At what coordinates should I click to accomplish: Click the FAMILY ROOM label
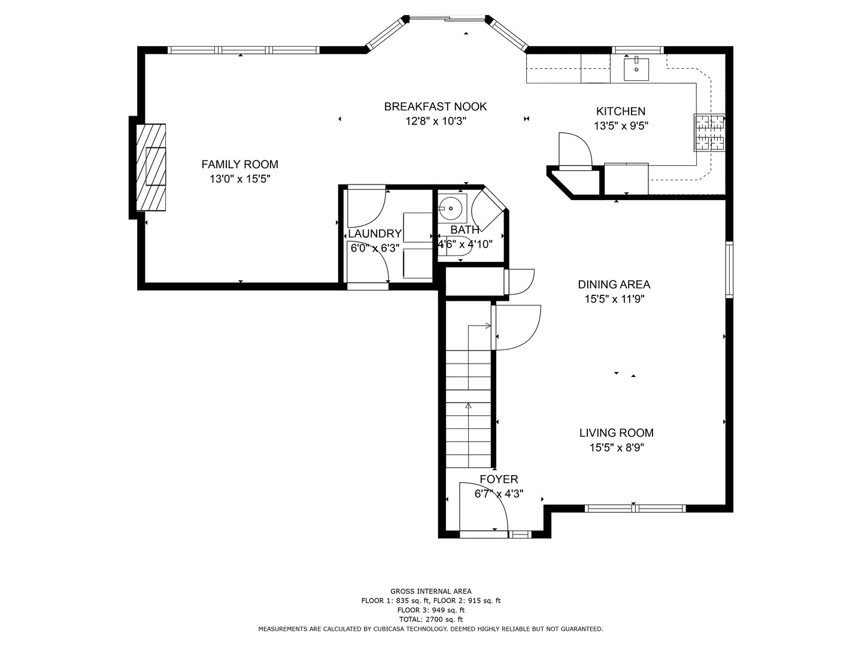coord(239,164)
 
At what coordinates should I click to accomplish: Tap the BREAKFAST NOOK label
coord(435,107)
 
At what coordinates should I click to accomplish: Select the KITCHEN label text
coord(621,111)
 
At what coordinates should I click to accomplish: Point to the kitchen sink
coord(636,69)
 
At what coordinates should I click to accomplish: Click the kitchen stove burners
coord(709,133)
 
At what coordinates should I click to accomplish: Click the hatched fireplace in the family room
coord(151,167)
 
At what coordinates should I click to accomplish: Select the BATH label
coord(465,229)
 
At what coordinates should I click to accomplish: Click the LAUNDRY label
coord(375,234)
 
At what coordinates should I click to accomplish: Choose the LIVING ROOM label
coord(616,433)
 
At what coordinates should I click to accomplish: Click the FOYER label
coord(499,479)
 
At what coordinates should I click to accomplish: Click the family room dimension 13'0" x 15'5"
coord(240,179)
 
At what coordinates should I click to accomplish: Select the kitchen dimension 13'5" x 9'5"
coord(621,126)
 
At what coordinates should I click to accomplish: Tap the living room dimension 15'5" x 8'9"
coord(617,448)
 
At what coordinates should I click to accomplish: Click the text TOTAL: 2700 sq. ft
coord(431,619)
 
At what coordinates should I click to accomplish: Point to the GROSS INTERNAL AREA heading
coord(431,591)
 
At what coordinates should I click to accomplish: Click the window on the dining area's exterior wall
coord(729,270)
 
